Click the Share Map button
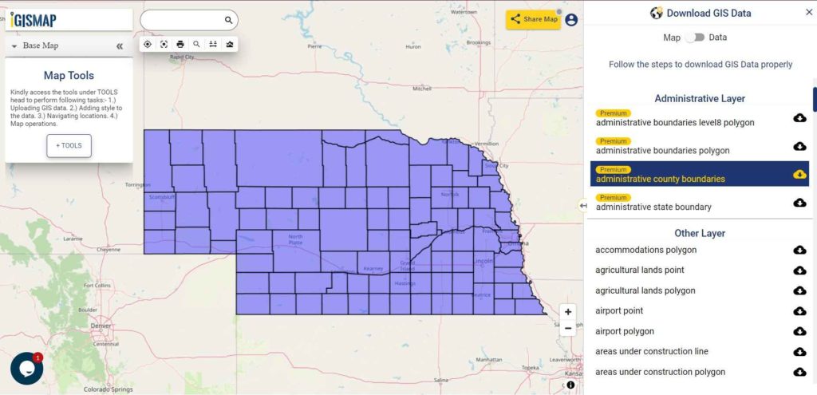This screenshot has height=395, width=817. [533, 19]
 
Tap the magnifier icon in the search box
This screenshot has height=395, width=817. [228, 20]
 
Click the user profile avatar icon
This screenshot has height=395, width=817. [571, 20]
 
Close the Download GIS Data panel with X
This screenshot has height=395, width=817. [808, 13]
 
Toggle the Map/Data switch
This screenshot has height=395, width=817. [694, 38]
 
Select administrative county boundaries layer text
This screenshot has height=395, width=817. [660, 179]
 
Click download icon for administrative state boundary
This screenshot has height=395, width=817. [799, 203]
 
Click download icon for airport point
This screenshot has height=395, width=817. [799, 311]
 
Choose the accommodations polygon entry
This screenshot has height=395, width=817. [645, 250]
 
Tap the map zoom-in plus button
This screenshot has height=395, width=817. [567, 312]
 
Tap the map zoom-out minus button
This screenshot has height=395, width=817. [567, 328]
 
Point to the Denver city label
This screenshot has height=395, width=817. [101, 326]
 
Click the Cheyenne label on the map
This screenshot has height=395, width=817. [109, 249]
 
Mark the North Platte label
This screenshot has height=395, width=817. [296, 239]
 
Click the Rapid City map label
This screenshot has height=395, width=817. [182, 57]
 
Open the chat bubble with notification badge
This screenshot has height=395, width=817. [26, 368]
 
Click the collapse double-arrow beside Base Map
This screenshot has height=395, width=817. [120, 46]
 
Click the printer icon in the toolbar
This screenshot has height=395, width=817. [180, 44]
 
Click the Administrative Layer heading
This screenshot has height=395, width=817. [700, 99]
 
